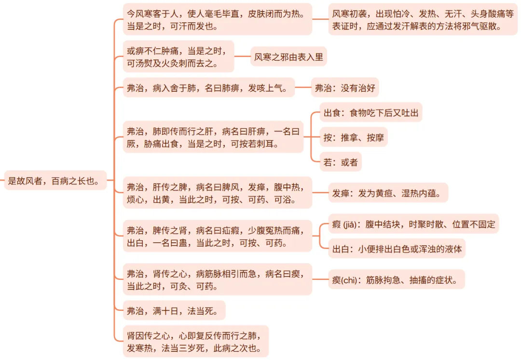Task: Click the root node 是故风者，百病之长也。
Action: (x=55, y=180)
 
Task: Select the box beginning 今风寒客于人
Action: (x=217, y=19)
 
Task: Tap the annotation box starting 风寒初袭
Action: (x=423, y=19)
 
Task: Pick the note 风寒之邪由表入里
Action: (x=288, y=57)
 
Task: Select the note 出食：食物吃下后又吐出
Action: (x=370, y=113)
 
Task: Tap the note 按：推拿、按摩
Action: (x=354, y=138)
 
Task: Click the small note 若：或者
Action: (x=341, y=162)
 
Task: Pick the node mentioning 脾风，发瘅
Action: (x=217, y=193)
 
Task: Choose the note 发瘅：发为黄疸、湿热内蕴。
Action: (x=388, y=193)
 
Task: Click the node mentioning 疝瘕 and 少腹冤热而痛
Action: (x=217, y=236)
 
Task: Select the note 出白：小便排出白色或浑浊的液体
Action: (x=397, y=249)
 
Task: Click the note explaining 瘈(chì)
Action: (x=396, y=279)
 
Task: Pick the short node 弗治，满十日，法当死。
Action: (x=174, y=310)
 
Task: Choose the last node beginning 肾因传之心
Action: (x=195, y=341)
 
